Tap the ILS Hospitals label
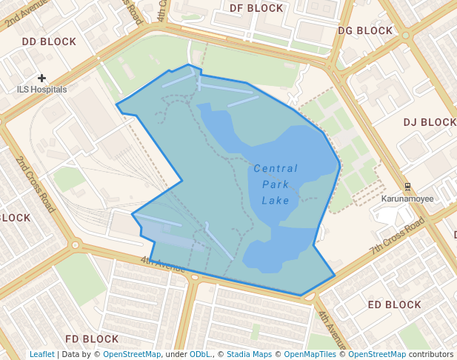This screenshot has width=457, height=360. [41, 90]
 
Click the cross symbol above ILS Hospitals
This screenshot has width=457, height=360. [41, 78]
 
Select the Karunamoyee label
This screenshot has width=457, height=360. [407, 199]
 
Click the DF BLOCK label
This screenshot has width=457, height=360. [256, 8]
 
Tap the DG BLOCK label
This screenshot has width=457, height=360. [365, 31]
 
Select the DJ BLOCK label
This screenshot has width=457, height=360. [430, 122]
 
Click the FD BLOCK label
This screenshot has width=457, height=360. [92, 339]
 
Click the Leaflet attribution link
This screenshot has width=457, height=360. [41, 354]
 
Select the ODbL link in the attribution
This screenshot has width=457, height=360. [200, 354]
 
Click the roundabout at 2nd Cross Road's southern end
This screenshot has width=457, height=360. [75, 244]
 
